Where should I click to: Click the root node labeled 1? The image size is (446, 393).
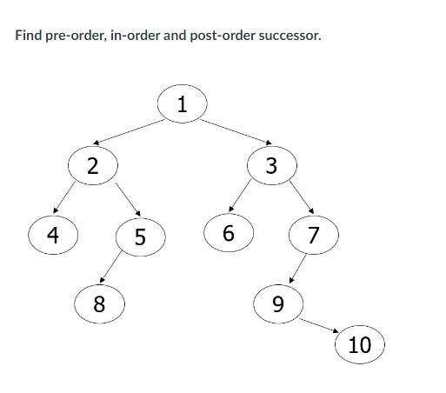[x=182, y=104]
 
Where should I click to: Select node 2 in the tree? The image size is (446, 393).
[x=92, y=164]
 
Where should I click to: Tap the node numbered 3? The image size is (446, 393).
[x=271, y=165]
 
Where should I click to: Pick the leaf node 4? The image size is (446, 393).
[x=53, y=235]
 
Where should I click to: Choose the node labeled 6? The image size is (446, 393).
[x=229, y=233]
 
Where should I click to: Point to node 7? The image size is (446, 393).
[x=314, y=235]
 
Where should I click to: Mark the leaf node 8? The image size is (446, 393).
[x=98, y=303]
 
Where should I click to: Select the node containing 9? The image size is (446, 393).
[x=278, y=303]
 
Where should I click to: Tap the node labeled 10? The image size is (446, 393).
[x=359, y=344]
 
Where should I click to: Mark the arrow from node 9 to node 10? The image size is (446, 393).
[x=319, y=324]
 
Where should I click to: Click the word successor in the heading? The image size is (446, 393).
[x=290, y=37]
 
